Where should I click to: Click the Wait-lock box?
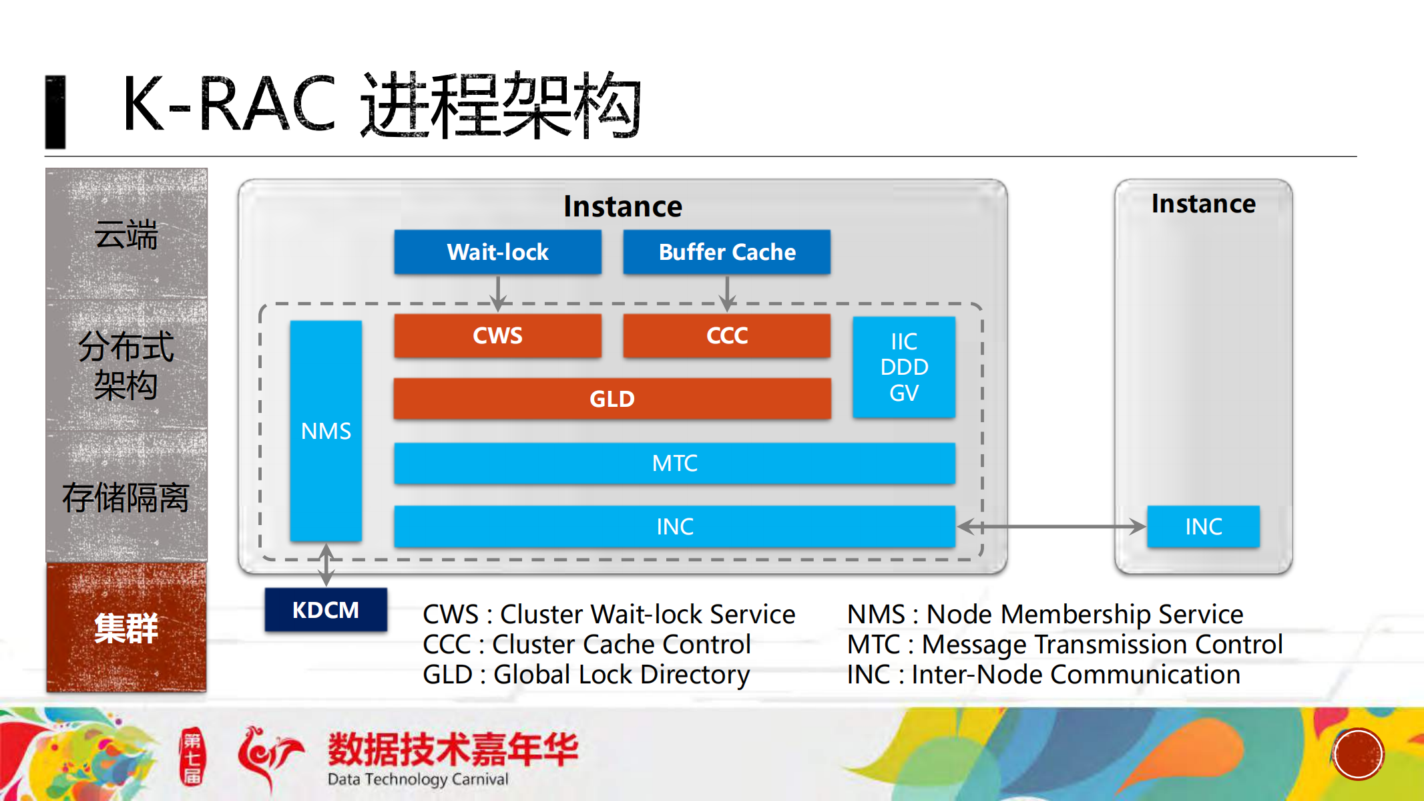(497, 252)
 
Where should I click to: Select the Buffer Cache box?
(726, 252)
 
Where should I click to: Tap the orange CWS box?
(497, 335)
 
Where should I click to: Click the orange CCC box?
(726, 335)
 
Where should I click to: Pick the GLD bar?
(612, 399)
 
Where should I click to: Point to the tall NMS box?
(326, 431)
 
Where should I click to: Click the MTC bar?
(674, 463)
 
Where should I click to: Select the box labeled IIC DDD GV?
(904, 367)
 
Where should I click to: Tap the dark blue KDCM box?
(326, 610)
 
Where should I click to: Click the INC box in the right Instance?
(1203, 526)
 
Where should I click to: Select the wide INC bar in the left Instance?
(674, 526)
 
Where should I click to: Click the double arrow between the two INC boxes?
(1051, 526)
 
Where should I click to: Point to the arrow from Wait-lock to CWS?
(498, 292)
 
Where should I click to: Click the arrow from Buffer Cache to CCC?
(727, 292)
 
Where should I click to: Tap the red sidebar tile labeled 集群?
(126, 628)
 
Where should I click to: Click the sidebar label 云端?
(126, 234)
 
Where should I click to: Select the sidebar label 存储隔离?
(126, 498)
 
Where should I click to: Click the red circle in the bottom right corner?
(1358, 754)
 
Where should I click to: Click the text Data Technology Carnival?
(418, 779)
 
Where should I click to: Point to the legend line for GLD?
(586, 675)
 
